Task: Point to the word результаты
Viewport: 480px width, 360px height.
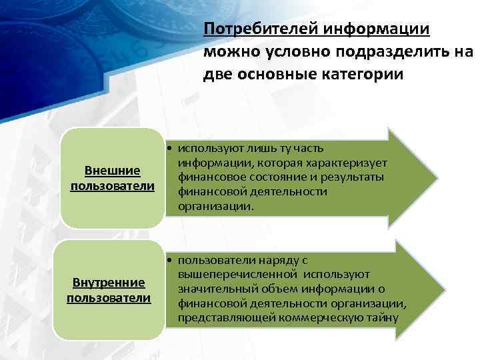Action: (357, 178)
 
